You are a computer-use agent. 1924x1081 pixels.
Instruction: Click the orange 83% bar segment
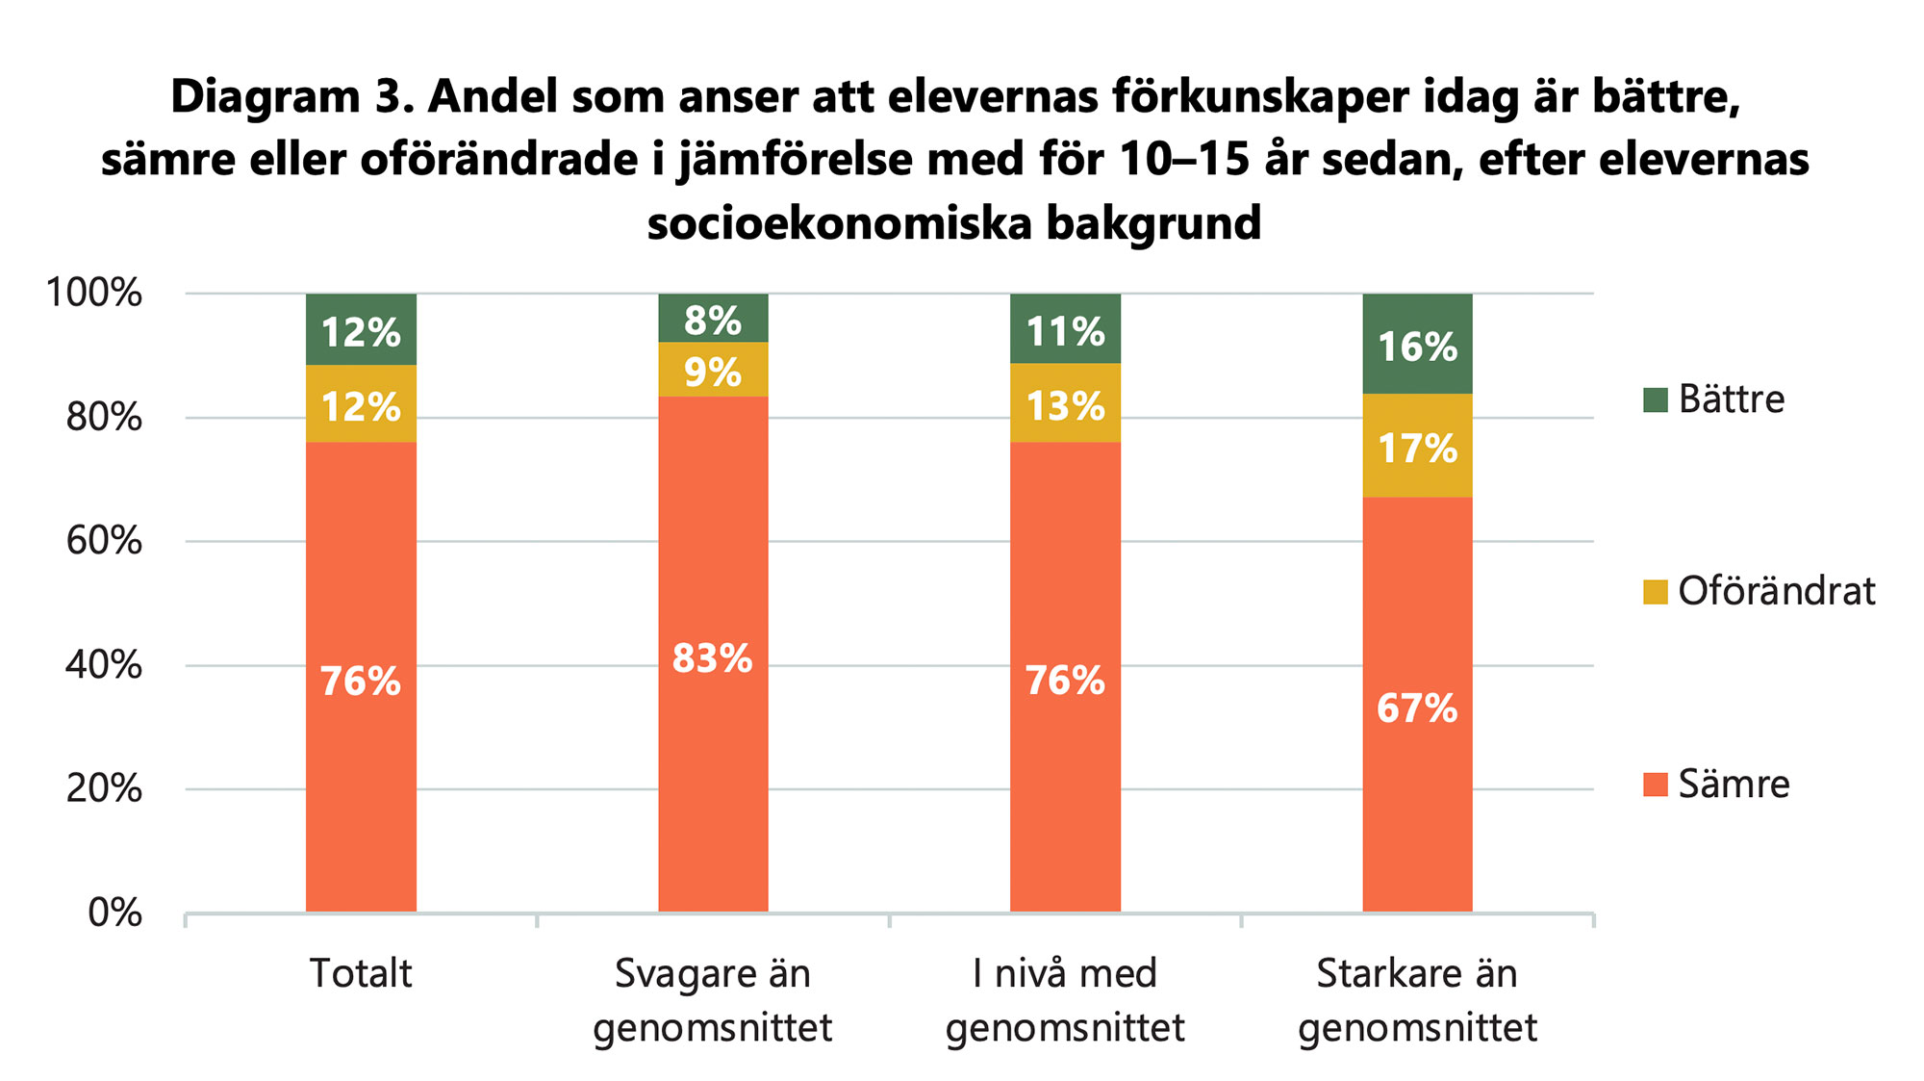[x=713, y=655]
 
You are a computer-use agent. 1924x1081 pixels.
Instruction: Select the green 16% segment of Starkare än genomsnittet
[x=1417, y=344]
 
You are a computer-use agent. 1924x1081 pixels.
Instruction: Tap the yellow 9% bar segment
[x=713, y=370]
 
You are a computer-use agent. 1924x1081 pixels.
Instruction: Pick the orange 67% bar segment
[x=1417, y=705]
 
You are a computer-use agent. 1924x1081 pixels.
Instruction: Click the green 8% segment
[x=713, y=319]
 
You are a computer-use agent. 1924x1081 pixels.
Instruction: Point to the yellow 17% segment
[x=1417, y=446]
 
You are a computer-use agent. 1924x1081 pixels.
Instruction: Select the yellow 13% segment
[x=1065, y=403]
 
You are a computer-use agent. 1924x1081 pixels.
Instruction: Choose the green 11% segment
[x=1065, y=329]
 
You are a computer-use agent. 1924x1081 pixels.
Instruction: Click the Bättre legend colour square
[x=1655, y=399]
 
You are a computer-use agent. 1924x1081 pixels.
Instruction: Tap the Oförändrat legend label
[x=1776, y=591]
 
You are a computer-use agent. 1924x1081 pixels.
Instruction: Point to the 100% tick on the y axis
[x=95, y=293]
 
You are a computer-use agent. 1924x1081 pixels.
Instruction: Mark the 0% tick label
[x=114, y=913]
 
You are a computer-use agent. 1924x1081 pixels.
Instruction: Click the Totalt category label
[x=361, y=973]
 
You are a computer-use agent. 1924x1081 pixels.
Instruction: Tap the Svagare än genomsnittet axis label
[x=713, y=1000]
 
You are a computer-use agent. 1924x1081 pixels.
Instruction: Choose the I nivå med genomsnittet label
[x=1065, y=1000]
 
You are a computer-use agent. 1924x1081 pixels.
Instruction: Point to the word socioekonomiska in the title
[x=837, y=223]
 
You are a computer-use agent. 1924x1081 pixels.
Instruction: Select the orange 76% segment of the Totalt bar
[x=361, y=678]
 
